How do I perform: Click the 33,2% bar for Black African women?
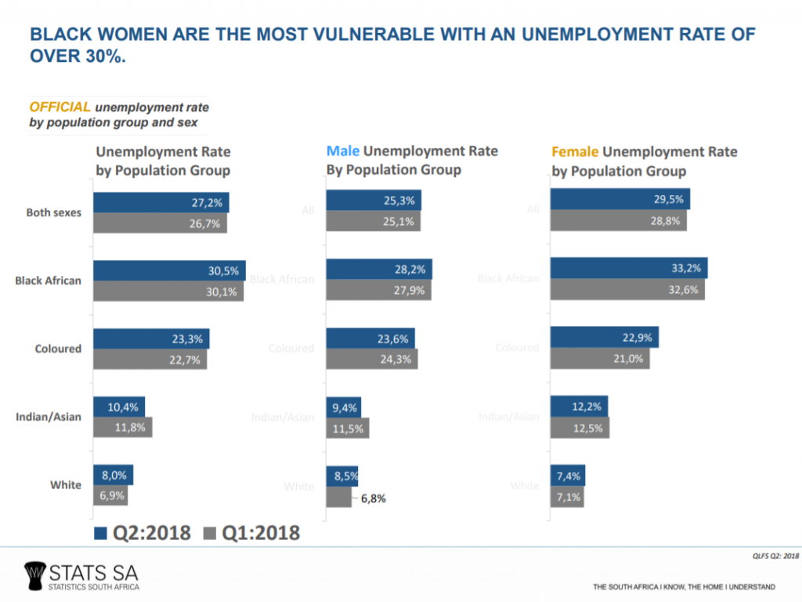point(629,268)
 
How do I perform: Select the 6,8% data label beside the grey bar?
point(373,498)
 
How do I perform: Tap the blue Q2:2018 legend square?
point(99,534)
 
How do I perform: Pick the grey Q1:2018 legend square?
point(208,534)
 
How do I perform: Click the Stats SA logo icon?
point(35,574)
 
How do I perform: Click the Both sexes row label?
point(53,212)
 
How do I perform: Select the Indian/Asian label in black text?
point(49,417)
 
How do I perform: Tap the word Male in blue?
point(343,151)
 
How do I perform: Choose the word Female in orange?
point(576,151)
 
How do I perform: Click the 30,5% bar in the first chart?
point(169,270)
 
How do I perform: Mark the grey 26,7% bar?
point(161,223)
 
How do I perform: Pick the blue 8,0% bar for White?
point(113,475)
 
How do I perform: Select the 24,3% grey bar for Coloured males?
point(372,359)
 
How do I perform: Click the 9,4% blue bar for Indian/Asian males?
point(344,407)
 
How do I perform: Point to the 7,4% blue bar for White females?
point(568,475)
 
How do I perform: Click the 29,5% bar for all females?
point(620,199)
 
